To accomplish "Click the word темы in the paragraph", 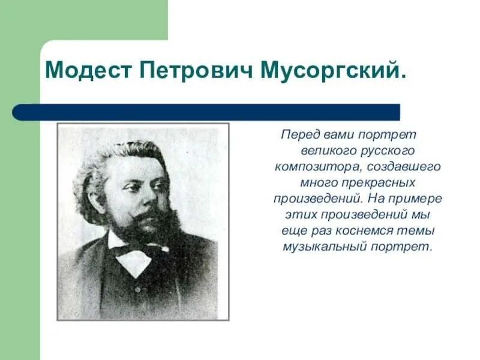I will tap(418, 230).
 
